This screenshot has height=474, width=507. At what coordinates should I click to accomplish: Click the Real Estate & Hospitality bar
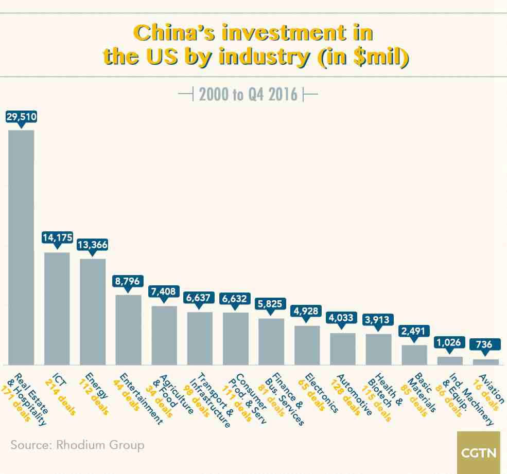point(21,247)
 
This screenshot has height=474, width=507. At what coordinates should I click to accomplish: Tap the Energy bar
point(93,312)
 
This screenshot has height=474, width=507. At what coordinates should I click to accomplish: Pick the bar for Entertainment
point(128,330)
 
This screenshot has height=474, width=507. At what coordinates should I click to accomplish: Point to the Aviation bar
point(485,362)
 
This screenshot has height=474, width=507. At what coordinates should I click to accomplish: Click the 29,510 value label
point(21,117)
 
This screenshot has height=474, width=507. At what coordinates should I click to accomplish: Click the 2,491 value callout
point(414,331)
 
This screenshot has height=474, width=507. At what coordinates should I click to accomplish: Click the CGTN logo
point(479,453)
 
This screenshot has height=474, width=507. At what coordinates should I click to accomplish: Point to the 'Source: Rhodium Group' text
point(77,444)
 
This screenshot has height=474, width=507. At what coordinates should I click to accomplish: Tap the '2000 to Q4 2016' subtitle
point(248,95)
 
